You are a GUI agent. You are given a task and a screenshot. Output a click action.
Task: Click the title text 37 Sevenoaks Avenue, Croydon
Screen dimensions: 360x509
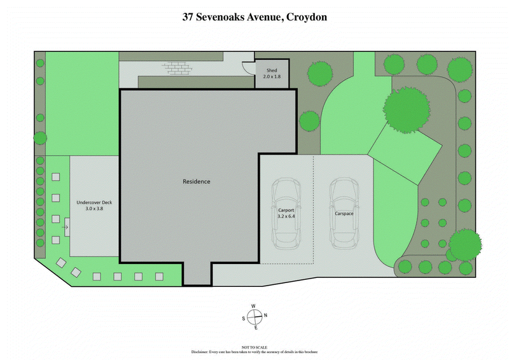point(254,17)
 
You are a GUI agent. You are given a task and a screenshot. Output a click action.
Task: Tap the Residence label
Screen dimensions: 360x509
point(196,182)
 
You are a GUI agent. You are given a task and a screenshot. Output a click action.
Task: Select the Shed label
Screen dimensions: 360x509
point(272,71)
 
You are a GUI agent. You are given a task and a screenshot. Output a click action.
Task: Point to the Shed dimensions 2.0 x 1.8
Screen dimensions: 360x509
point(272,76)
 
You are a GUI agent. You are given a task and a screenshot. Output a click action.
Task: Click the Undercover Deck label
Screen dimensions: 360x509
point(94,202)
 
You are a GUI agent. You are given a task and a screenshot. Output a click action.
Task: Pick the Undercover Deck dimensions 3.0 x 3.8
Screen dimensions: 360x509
point(94,209)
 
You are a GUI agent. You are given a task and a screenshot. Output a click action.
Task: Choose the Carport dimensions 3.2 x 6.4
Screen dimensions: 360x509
point(287,216)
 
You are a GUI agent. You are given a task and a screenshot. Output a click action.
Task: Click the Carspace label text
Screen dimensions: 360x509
point(344,214)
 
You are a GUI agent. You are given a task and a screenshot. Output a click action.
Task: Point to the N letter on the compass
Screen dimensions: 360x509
point(265,315)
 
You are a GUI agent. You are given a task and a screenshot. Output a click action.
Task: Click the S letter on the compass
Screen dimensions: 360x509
point(244,318)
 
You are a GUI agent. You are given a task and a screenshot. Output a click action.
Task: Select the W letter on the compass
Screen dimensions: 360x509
point(253,307)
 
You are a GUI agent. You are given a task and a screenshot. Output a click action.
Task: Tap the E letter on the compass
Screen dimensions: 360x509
point(256,328)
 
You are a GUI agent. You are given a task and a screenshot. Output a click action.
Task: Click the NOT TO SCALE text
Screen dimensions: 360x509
point(254,347)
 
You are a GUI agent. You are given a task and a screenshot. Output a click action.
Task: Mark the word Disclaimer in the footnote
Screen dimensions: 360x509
point(202,352)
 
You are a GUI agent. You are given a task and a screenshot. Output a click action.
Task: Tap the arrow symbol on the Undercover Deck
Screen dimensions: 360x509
point(66,226)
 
